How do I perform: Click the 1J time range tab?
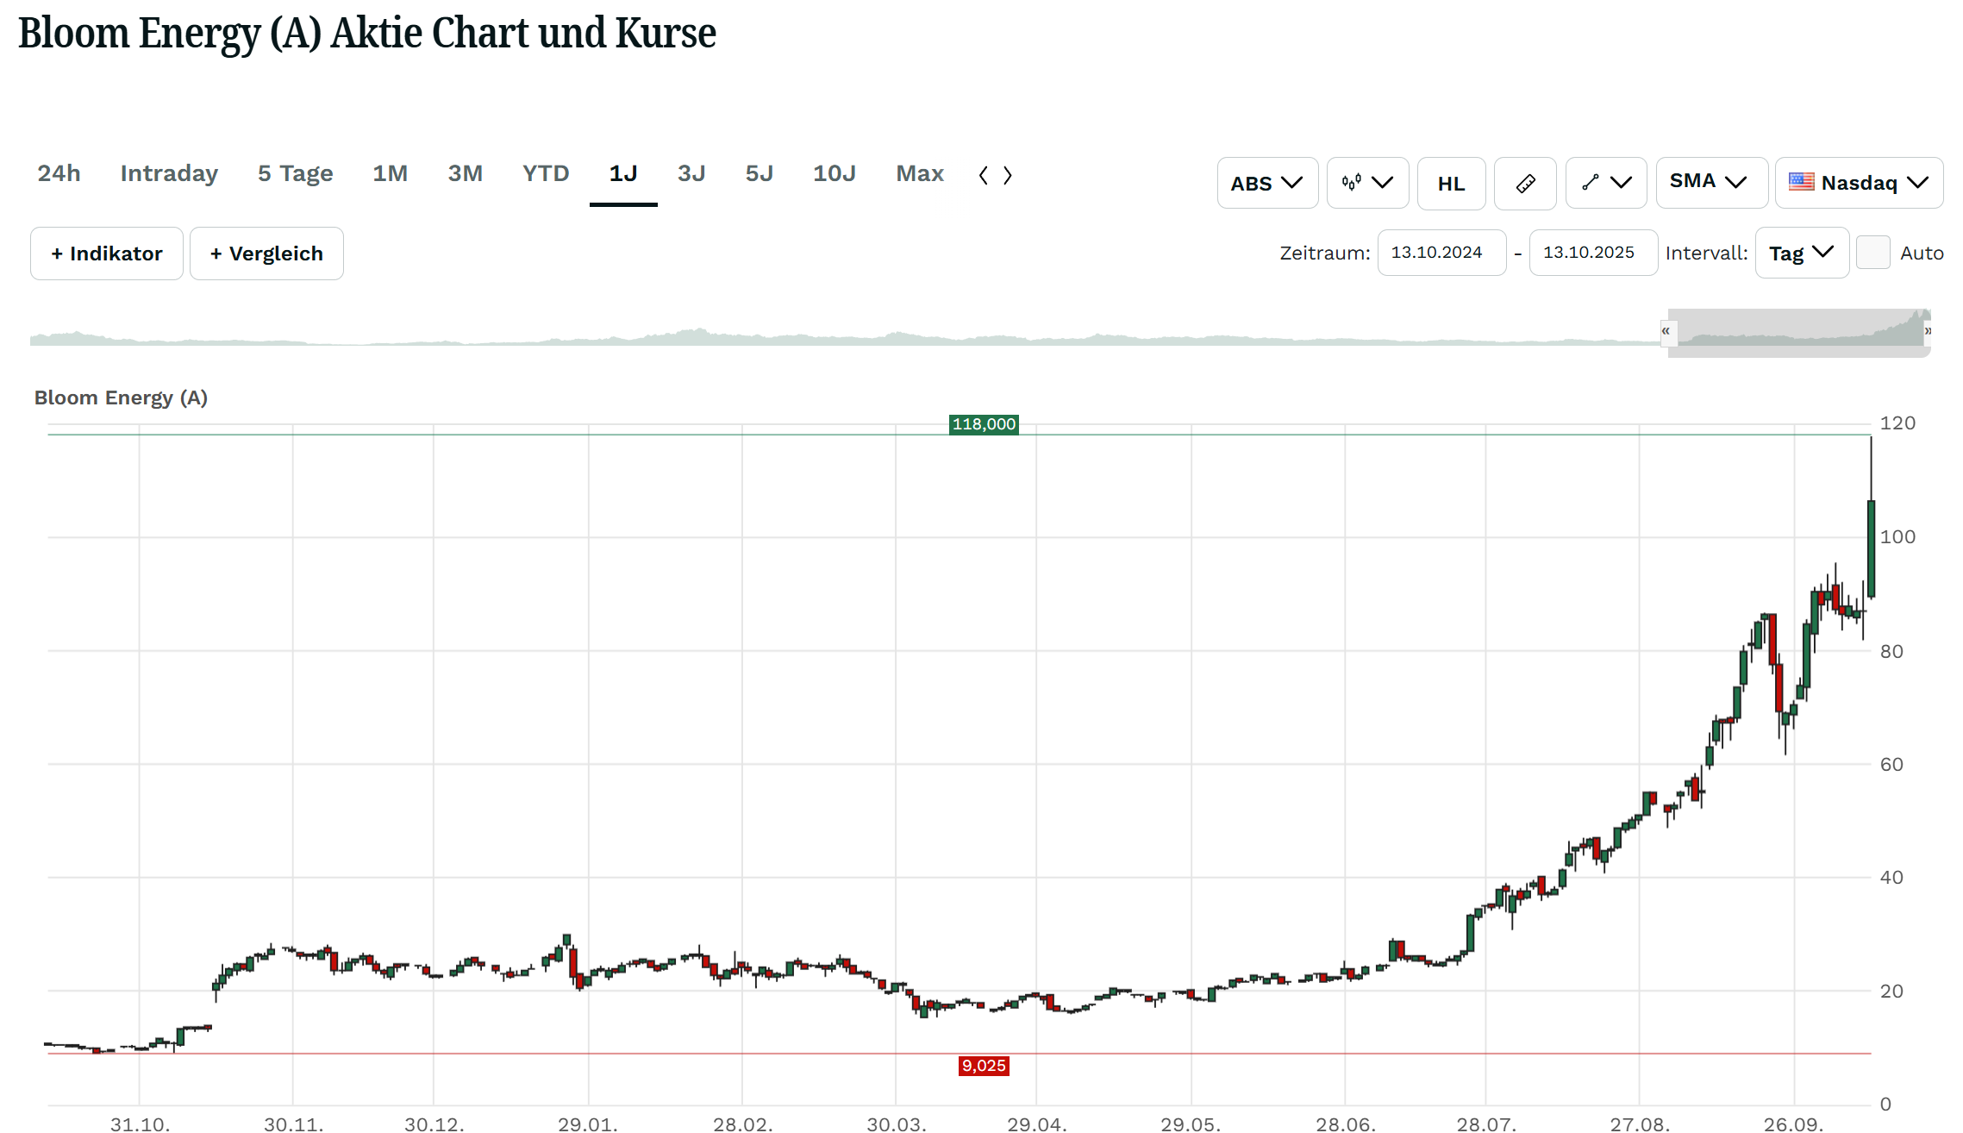622,174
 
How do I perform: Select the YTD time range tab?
545,174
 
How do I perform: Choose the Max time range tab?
919,174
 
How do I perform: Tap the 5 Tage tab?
295,174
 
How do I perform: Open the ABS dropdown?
1266,183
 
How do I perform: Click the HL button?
1451,183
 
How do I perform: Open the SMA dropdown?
1710,182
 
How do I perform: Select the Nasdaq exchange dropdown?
1858,183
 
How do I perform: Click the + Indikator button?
107,254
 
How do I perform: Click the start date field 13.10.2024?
1441,253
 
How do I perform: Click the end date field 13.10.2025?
1592,253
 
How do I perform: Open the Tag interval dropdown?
1801,254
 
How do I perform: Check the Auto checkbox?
1872,253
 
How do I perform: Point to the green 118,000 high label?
984,424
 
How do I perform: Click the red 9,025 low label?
984,1066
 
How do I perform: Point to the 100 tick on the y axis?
1897,537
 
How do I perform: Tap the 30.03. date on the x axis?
896,1124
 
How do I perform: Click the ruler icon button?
1524,183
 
